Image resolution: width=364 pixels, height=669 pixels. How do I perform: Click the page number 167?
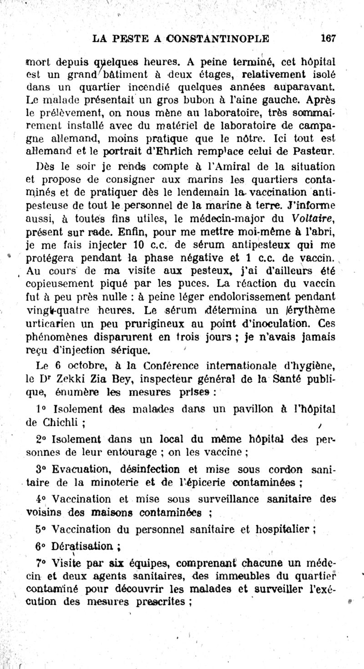[x=328, y=38]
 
